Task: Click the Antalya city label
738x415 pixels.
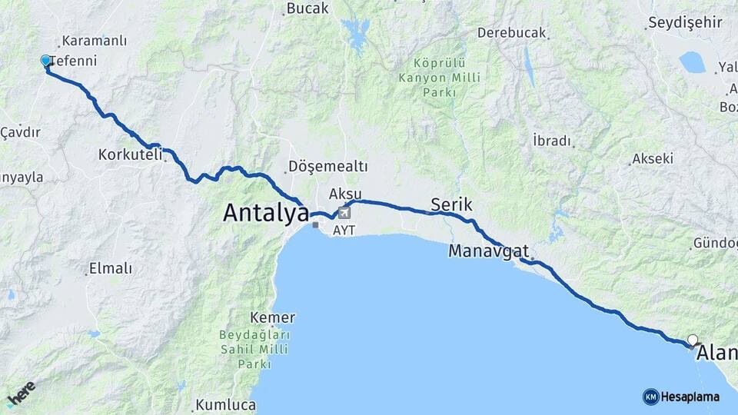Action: [x=265, y=213]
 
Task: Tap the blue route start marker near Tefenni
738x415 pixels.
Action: [x=45, y=60]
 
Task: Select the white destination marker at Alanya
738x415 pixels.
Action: [x=693, y=340]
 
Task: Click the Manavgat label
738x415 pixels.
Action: [x=489, y=251]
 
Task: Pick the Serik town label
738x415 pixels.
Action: [x=451, y=204]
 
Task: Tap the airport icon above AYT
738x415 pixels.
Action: [x=343, y=211]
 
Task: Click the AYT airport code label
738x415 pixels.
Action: [x=344, y=230]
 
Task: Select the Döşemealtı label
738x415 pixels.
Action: [x=327, y=167]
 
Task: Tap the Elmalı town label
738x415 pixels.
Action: [x=111, y=269]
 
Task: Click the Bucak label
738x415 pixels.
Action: [x=307, y=9]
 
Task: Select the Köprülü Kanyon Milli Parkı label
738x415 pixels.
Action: [x=439, y=78]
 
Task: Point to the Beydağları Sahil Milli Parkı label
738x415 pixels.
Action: [x=253, y=349]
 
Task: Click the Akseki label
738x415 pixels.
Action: [x=652, y=159]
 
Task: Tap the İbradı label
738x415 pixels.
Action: [x=552, y=141]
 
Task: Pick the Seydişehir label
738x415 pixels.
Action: [x=685, y=23]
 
